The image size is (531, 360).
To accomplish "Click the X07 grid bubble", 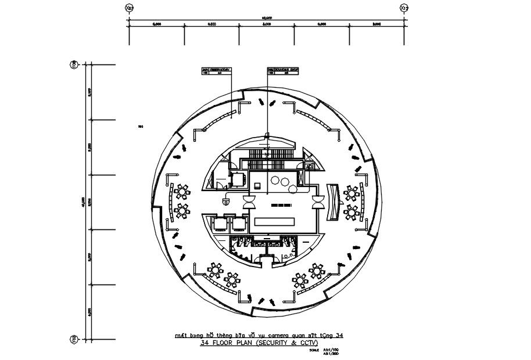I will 129,8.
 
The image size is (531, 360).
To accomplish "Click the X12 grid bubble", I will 404,8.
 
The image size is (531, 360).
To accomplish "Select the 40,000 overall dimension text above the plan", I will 267,18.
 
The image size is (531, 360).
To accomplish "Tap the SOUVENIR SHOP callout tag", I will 284,70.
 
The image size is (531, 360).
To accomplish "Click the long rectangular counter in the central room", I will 275,222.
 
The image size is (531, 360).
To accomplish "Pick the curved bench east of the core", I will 332,201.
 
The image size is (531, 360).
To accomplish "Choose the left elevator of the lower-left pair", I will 221,223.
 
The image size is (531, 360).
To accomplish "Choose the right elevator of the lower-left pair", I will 239,223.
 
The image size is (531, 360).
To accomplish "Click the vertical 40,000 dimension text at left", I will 84,201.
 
